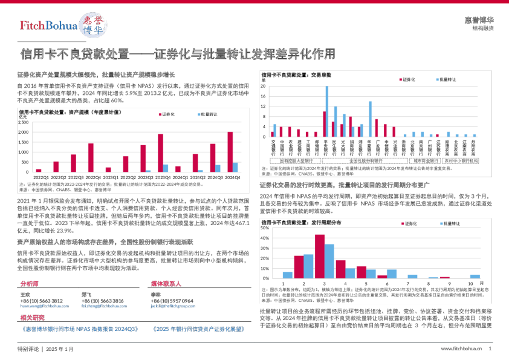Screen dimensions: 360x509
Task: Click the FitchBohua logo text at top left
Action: click(48, 25)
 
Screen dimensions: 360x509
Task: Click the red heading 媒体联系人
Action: click(166, 283)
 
